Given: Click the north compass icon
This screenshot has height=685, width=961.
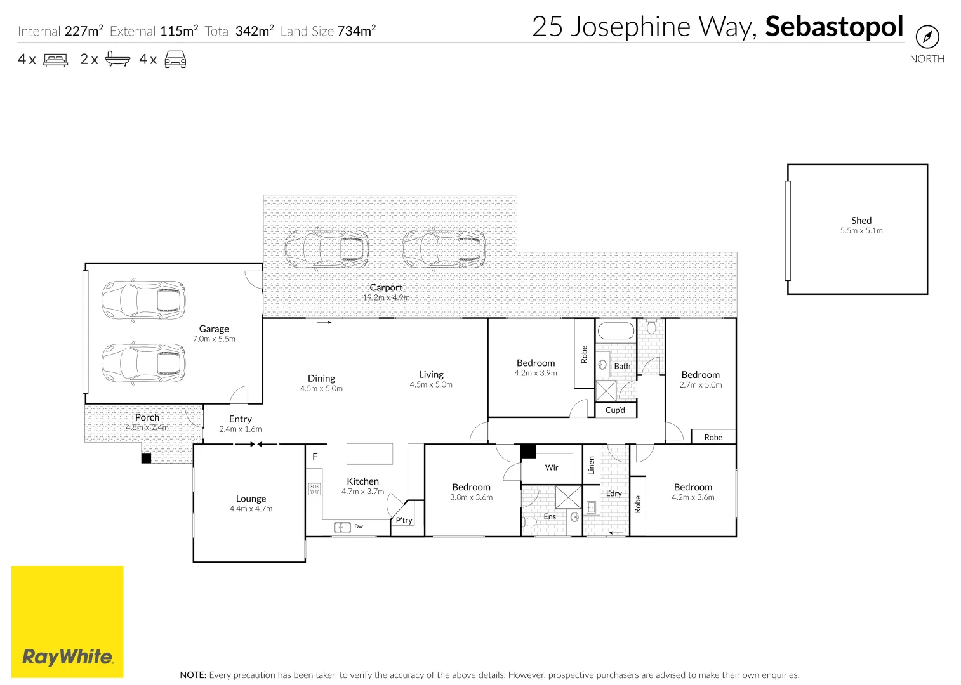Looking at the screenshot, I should point(927,37).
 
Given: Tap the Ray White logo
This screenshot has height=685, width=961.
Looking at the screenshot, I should point(67,656).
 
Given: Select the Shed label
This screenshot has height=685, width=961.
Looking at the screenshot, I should point(861,220).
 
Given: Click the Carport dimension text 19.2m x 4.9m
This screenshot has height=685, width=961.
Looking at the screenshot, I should point(386,297).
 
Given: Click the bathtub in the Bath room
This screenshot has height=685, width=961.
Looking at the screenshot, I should point(616,332).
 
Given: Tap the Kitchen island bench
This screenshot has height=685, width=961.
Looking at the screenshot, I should point(369,454).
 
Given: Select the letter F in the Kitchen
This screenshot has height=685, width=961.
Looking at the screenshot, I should point(315,457).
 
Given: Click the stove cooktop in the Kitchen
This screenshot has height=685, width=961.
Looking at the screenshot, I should point(314,489).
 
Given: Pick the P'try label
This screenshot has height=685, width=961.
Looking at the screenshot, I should point(404,520).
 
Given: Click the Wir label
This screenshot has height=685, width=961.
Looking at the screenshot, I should point(552,467).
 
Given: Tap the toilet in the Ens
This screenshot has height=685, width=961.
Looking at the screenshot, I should point(530,522).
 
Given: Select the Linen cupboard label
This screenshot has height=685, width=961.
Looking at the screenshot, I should point(591,465).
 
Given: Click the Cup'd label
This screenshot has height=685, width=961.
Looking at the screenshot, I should point(615,410).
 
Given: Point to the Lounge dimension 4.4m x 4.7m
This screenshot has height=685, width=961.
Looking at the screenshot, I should point(251,509).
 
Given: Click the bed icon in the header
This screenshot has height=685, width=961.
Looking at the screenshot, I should point(55,60).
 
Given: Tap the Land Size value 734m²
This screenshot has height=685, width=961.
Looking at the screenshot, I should point(356,30).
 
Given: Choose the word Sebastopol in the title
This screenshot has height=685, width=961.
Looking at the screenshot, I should point(833,27).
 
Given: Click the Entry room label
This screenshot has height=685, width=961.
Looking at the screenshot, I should point(240,419).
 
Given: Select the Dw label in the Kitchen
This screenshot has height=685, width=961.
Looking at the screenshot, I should point(359,526).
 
